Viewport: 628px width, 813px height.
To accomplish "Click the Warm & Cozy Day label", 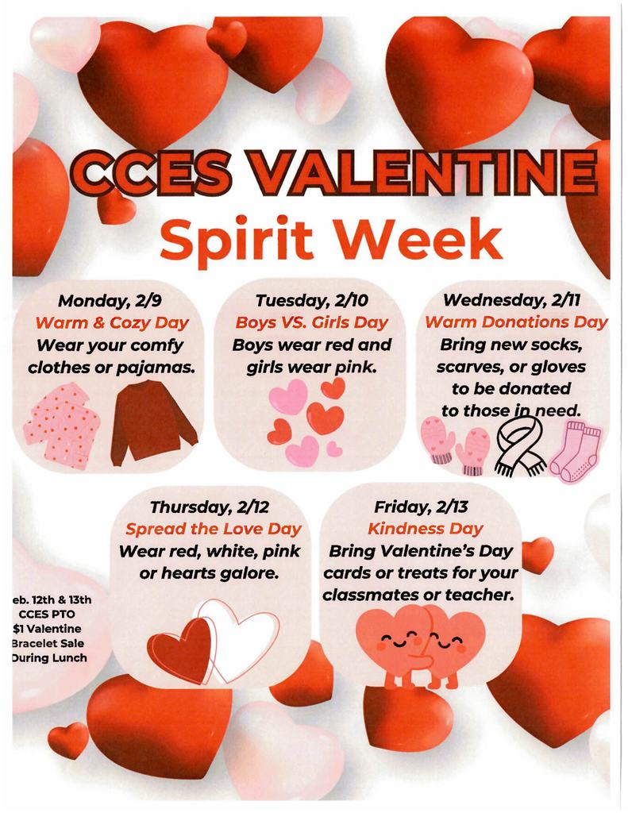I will [x=111, y=322].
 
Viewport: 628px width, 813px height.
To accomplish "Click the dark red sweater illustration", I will [x=152, y=422].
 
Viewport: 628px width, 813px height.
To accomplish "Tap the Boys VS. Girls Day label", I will [x=311, y=322].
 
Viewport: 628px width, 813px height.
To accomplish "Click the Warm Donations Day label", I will [x=516, y=322].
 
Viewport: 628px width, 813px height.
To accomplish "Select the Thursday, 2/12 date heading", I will [x=212, y=507].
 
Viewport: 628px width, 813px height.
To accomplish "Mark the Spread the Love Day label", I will [x=213, y=529].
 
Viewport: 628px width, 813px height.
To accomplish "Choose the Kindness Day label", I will [x=425, y=529].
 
